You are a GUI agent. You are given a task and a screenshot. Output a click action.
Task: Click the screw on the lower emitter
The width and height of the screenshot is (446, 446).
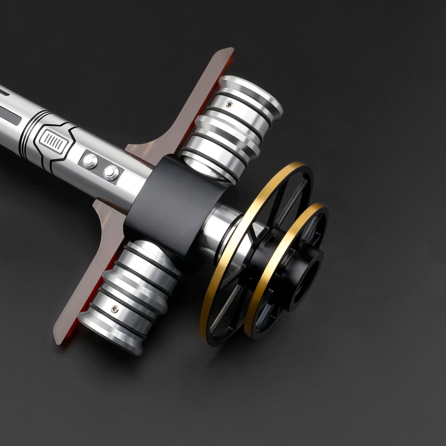click(115, 308)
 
